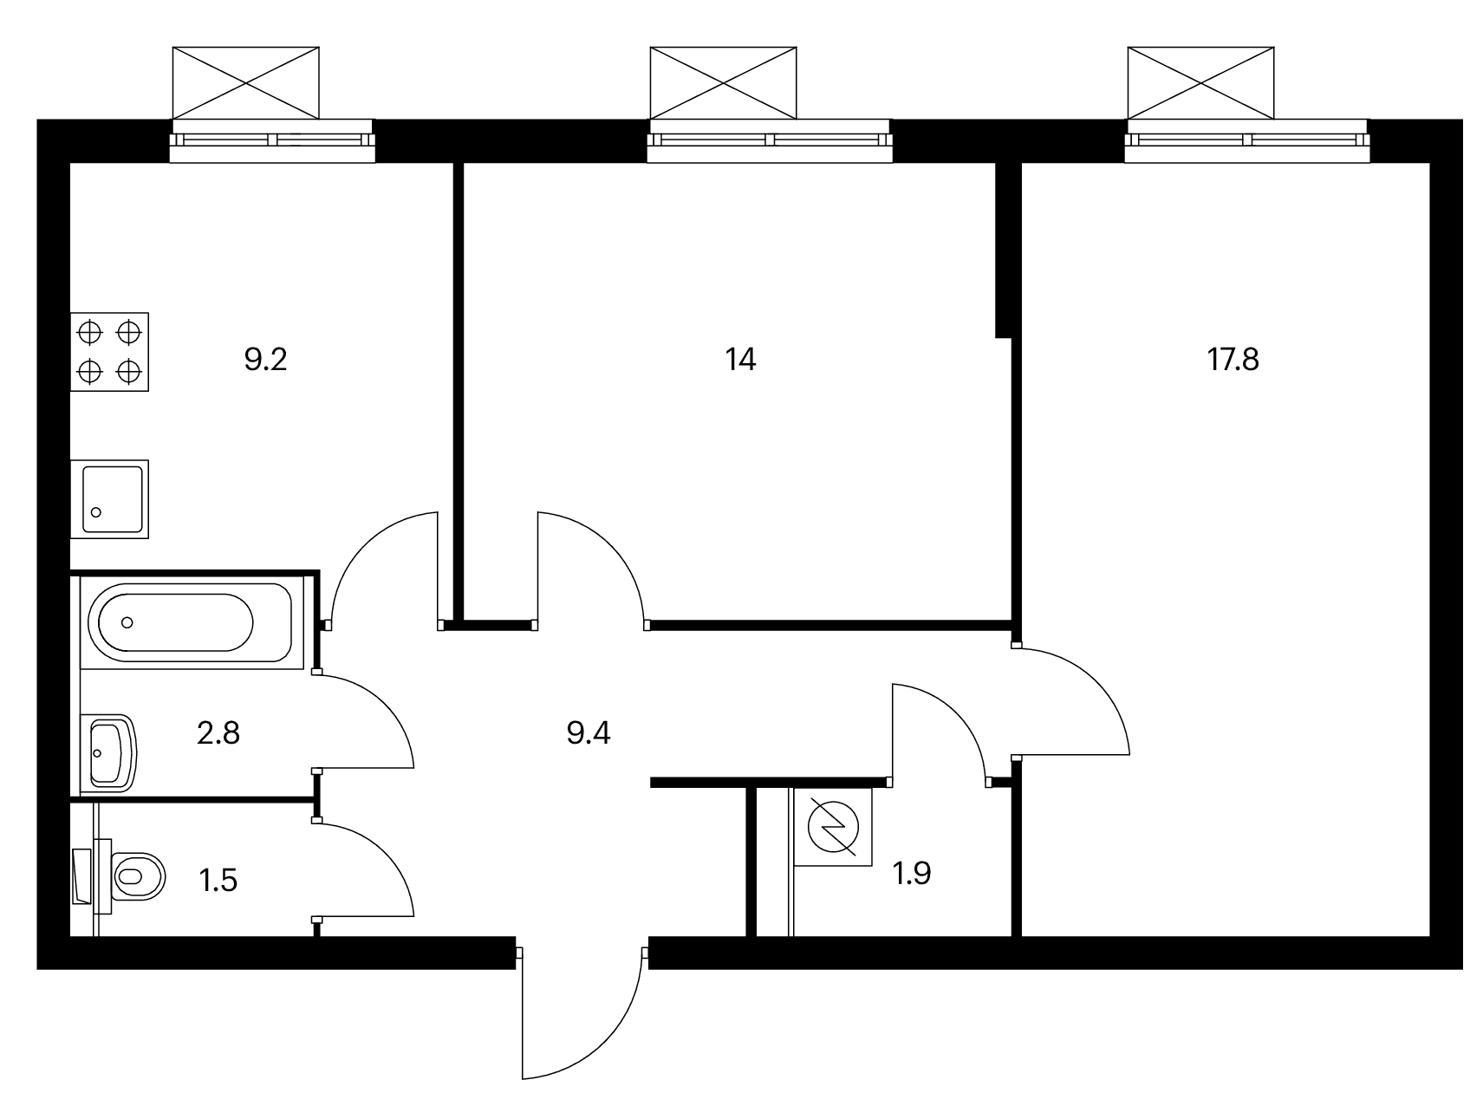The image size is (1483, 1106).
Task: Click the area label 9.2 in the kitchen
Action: pyautogui.click(x=265, y=359)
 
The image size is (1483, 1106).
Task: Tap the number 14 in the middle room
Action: pyautogui.click(x=740, y=359)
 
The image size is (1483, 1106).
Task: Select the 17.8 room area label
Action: pyautogui.click(x=1233, y=359)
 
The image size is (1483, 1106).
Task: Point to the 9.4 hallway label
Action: pyautogui.click(x=589, y=733)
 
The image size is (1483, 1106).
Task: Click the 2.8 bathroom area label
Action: pyautogui.click(x=218, y=733)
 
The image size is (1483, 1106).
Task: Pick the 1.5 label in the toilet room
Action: pyautogui.click(x=218, y=881)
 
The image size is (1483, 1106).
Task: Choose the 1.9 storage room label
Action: pyautogui.click(x=912, y=873)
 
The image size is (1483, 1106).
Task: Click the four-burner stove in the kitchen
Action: pyautogui.click(x=109, y=352)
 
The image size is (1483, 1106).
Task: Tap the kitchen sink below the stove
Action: pyautogui.click(x=109, y=499)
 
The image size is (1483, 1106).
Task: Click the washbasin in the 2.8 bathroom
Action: pyautogui.click(x=109, y=753)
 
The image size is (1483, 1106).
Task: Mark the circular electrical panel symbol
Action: pyautogui.click(x=832, y=827)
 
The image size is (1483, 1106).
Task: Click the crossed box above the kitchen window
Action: pyautogui.click(x=246, y=82)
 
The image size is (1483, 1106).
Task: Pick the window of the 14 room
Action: pyautogui.click(x=769, y=141)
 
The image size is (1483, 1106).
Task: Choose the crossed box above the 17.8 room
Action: pyautogui.click(x=1201, y=82)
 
